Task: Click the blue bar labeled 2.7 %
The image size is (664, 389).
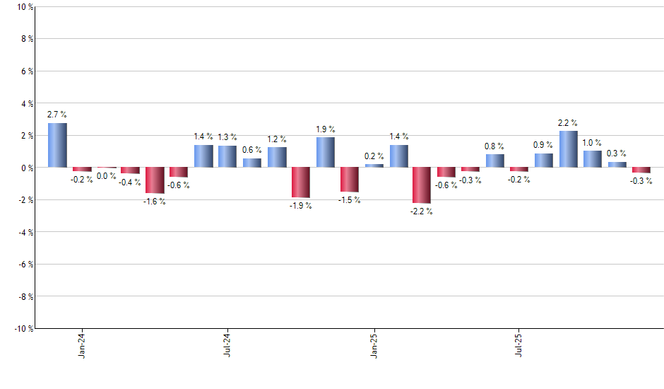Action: coord(57,145)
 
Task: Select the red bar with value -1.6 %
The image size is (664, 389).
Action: coord(155,180)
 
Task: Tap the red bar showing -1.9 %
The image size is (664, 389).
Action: coord(300,182)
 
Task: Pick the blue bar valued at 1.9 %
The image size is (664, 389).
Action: coord(325,152)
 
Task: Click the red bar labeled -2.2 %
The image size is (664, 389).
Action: coord(422,185)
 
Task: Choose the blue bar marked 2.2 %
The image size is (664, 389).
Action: coord(568,149)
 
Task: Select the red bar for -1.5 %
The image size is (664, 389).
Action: coord(349,180)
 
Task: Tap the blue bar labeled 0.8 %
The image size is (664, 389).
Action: coord(494,161)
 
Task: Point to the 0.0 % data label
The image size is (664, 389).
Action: coord(107,176)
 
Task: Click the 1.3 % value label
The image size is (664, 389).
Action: coord(227,137)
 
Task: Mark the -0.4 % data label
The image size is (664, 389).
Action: coord(130,182)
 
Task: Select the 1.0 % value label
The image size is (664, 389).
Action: coord(593,142)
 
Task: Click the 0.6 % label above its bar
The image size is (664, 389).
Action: coord(251,150)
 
